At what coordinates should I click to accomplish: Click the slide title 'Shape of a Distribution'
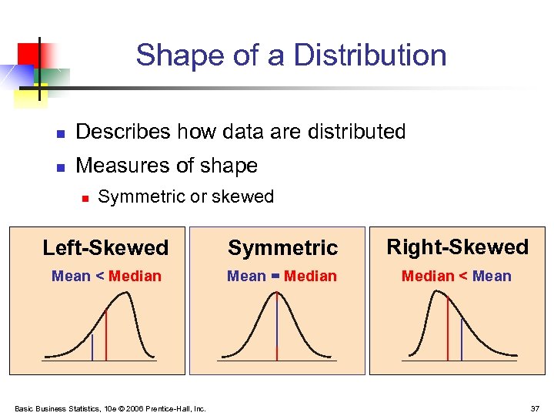tap(291, 55)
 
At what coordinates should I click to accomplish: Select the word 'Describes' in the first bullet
tap(123, 132)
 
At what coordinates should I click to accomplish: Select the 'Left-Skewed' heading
tap(105, 247)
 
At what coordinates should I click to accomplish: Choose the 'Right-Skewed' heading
tap(457, 247)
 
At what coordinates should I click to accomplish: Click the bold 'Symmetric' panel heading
tap(282, 247)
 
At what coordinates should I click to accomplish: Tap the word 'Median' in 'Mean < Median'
tap(135, 276)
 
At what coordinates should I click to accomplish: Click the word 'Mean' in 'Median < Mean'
tap(492, 276)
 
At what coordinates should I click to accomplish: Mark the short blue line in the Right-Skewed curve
tap(462, 340)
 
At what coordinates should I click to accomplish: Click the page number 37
tap(534, 408)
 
